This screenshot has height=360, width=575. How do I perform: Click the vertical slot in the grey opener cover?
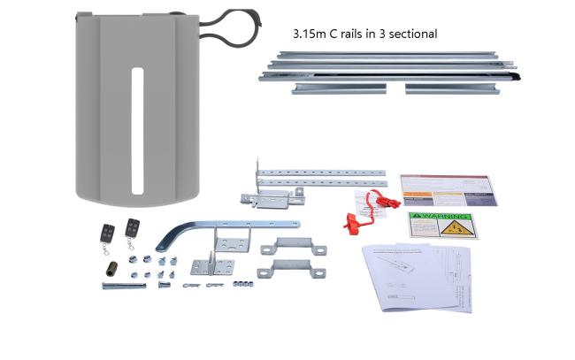pos(136,129)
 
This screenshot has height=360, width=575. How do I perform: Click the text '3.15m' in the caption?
pos(310,34)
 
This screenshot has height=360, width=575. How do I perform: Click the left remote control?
pos(106,234)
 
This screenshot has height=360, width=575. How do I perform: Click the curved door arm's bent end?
pos(165,240)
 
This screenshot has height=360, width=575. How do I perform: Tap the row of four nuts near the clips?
pos(241,283)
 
